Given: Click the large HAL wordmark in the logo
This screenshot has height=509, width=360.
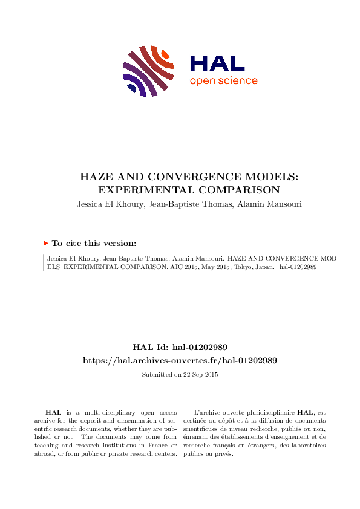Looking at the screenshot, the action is (217, 63).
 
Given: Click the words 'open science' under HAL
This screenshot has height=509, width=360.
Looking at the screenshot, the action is (223, 81).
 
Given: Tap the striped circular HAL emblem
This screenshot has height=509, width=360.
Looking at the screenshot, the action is (149, 70).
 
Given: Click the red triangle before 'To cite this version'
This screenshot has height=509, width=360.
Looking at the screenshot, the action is (45, 243).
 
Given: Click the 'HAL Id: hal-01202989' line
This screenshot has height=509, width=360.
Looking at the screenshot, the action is (180, 347).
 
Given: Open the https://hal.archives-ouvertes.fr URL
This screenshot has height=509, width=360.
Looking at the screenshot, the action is (180, 360).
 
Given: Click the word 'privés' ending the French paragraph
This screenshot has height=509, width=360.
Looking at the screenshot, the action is (224, 453).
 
